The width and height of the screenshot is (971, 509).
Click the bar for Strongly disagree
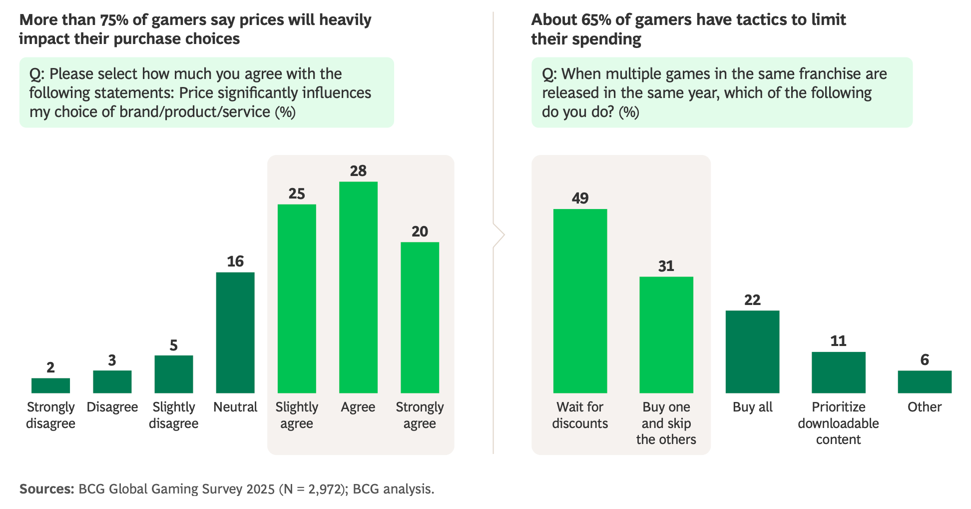click(50, 385)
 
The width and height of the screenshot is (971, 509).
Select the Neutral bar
click(235, 332)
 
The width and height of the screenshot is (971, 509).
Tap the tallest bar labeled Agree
click(358, 287)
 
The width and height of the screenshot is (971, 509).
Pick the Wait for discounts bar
click(580, 300)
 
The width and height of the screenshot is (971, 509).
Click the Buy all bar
click(752, 351)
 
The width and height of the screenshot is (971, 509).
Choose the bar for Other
click(925, 381)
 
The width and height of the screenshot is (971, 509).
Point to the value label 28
click(358, 171)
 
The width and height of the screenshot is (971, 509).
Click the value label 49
click(580, 198)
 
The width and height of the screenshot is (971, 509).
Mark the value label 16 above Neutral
click(235, 261)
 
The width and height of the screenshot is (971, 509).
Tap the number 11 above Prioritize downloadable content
click(838, 341)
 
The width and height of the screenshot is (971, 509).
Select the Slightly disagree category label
click(173, 415)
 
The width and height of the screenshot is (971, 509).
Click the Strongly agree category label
click(420, 415)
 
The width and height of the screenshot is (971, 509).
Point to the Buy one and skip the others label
click(666, 423)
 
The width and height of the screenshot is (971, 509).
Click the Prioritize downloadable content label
click(838, 423)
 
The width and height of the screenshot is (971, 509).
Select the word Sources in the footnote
click(46, 488)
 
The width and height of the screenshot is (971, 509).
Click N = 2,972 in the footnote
click(313, 488)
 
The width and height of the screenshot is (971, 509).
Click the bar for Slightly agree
click(297, 298)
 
